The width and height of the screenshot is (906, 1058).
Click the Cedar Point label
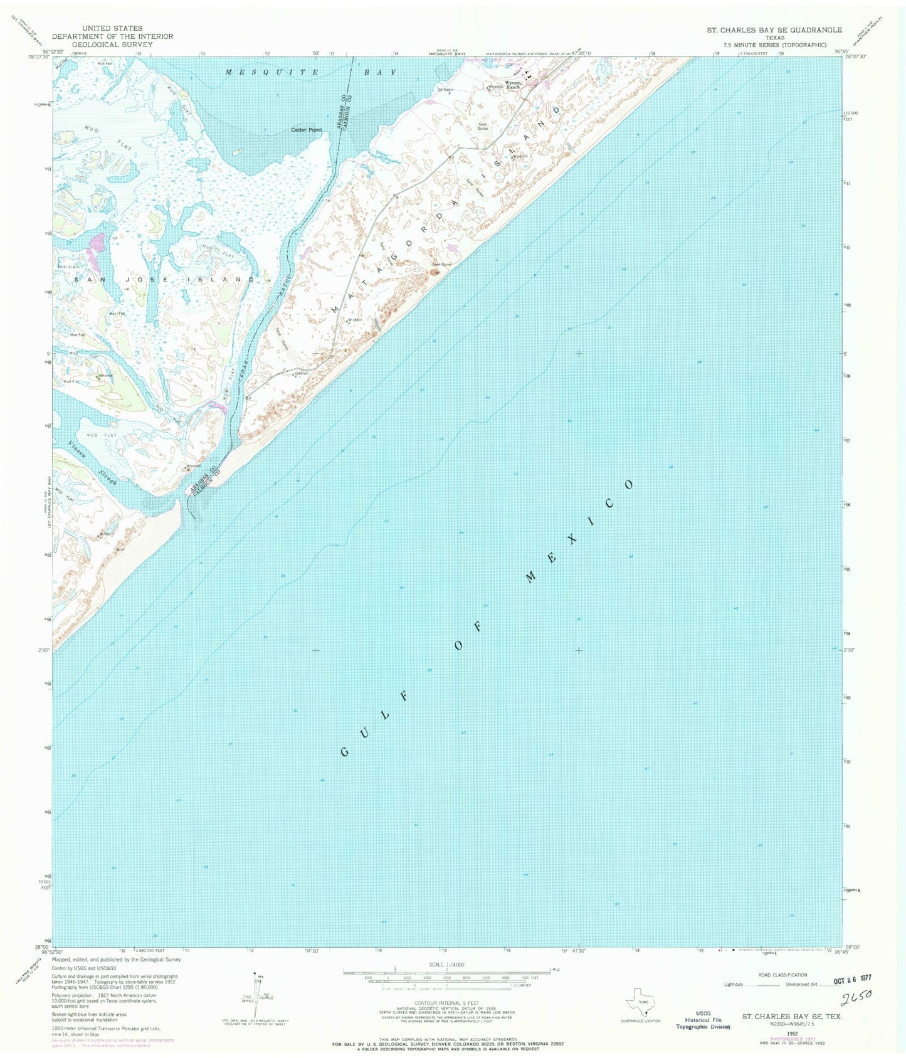tap(306, 130)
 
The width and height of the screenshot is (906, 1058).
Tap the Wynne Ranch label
tap(514, 85)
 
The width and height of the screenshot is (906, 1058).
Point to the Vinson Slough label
tap(92, 463)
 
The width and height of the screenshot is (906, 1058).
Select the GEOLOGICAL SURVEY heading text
tap(107, 45)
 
